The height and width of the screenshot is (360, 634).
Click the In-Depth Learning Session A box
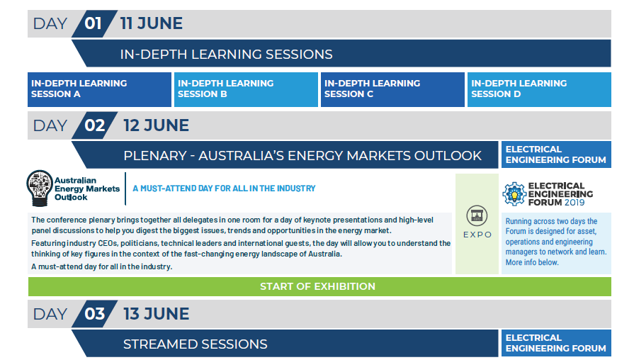(99, 89)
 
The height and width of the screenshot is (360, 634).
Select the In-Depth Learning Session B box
(246, 89)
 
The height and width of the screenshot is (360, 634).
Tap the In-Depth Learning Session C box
(392, 89)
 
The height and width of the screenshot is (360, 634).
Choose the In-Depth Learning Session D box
(539, 89)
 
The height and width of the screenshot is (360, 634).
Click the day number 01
(93, 23)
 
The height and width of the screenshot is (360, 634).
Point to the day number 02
(95, 125)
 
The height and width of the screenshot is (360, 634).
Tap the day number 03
(95, 314)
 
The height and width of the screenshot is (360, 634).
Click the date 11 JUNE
(151, 23)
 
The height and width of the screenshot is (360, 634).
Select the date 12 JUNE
(156, 125)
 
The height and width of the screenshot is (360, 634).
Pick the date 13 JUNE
(156, 314)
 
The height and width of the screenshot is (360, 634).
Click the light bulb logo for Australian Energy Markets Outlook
(40, 188)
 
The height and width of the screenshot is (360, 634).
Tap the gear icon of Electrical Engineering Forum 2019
(514, 194)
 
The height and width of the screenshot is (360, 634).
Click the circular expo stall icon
(477, 215)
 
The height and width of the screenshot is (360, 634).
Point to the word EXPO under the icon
(477, 235)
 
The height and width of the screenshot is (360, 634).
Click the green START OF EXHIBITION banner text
(318, 286)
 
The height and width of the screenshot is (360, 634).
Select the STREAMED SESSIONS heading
(196, 344)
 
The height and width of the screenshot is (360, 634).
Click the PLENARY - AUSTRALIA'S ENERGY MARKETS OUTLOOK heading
(302, 156)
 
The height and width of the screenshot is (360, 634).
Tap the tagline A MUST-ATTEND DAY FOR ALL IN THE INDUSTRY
(224, 189)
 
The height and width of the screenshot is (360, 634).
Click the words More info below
(532, 262)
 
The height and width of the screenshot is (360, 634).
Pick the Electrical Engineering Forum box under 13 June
(556, 343)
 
